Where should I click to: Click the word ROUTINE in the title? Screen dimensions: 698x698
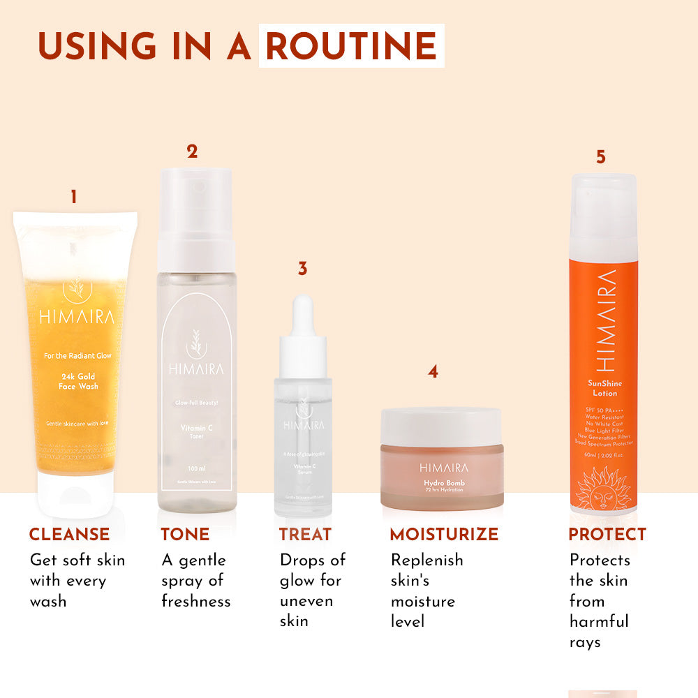351,46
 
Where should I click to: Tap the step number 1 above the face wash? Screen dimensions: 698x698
73,198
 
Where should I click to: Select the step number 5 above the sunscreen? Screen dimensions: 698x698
600,157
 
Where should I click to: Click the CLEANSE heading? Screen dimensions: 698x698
69,535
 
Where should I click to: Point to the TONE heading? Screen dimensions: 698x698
185,535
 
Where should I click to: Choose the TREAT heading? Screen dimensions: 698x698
305,535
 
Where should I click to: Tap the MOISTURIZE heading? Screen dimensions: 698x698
444,535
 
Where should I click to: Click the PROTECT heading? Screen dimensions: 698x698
607,535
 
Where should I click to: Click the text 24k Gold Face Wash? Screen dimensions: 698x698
79,380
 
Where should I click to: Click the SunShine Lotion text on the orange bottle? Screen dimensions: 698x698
604,388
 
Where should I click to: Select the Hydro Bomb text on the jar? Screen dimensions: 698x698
444,483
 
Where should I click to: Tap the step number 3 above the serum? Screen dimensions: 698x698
302,269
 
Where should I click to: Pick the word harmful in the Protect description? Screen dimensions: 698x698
599,621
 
